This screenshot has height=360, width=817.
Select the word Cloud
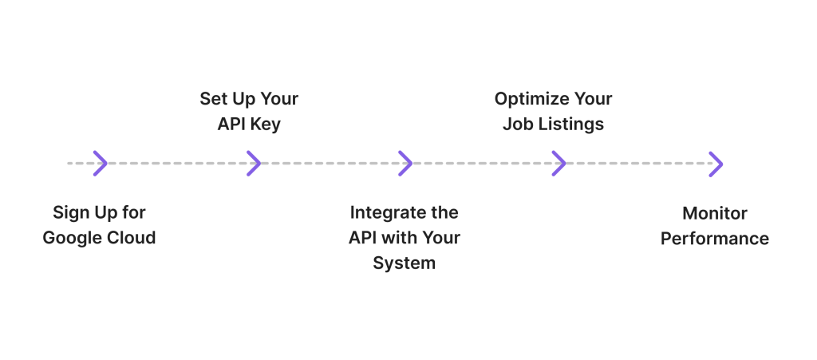132,238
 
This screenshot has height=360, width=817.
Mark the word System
405,263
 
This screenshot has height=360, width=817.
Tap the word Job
517,124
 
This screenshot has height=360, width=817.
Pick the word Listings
570,125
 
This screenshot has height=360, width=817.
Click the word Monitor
715,213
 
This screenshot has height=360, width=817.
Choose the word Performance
715,239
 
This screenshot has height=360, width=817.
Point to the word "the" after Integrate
444,212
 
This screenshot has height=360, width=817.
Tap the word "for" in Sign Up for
134,212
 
